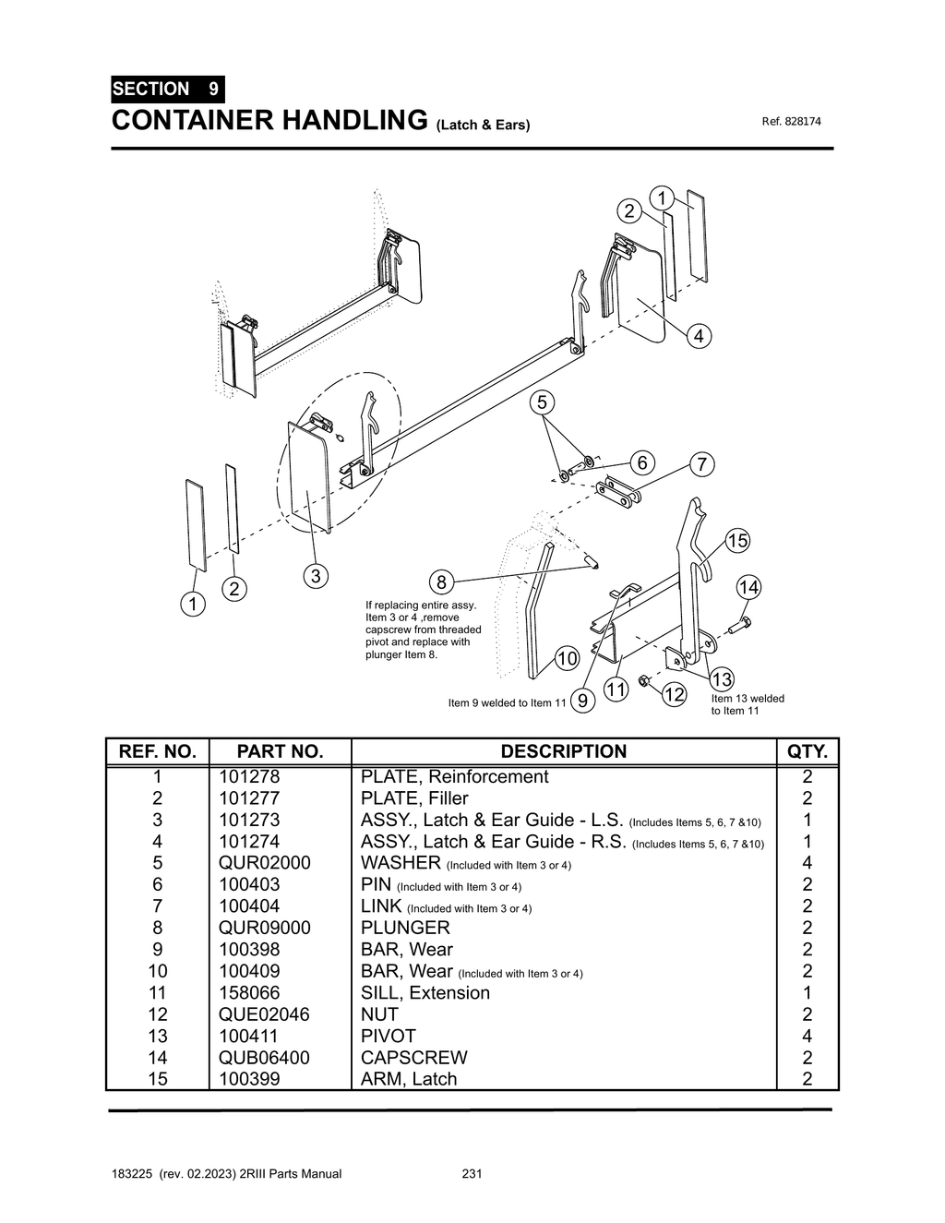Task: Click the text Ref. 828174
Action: click(x=791, y=122)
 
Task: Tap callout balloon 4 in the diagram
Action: click(x=699, y=336)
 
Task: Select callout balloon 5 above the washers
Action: click(x=542, y=402)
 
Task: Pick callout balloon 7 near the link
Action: click(x=701, y=464)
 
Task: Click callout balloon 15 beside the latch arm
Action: click(x=736, y=541)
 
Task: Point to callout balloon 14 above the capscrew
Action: click(x=748, y=587)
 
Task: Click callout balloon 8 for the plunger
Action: click(x=441, y=582)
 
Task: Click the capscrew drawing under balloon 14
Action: click(x=739, y=627)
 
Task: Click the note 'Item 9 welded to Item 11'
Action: click(x=507, y=703)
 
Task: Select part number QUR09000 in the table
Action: click(x=264, y=928)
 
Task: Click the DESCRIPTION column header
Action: click(x=563, y=751)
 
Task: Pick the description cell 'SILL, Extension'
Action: click(x=425, y=993)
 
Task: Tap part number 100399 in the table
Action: click(x=248, y=1079)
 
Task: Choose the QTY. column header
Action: click(x=807, y=751)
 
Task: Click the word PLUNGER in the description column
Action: click(x=404, y=928)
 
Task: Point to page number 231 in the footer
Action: click(x=472, y=1174)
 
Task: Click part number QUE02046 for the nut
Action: click(x=264, y=1014)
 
